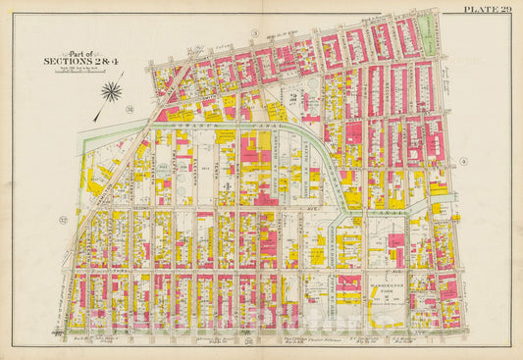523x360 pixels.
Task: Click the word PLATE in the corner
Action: point(481,9)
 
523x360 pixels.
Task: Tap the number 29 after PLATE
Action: point(508,9)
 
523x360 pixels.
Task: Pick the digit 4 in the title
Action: point(101,61)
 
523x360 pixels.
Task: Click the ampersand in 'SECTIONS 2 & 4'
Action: point(93,61)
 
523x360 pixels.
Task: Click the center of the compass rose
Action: point(112,93)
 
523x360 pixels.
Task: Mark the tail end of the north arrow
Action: point(94,119)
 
